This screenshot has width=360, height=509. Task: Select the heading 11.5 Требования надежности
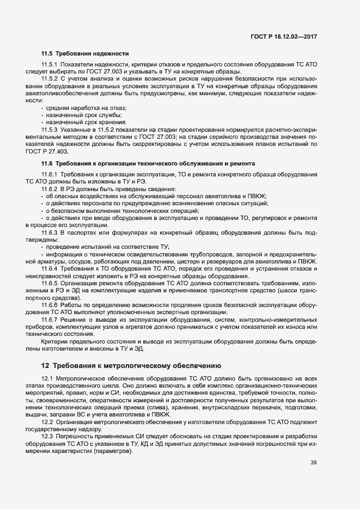click(x=85, y=53)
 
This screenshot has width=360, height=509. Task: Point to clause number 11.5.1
click(x=50, y=65)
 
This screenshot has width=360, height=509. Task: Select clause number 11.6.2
click(x=50, y=188)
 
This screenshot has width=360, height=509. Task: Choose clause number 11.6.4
click(x=50, y=269)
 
